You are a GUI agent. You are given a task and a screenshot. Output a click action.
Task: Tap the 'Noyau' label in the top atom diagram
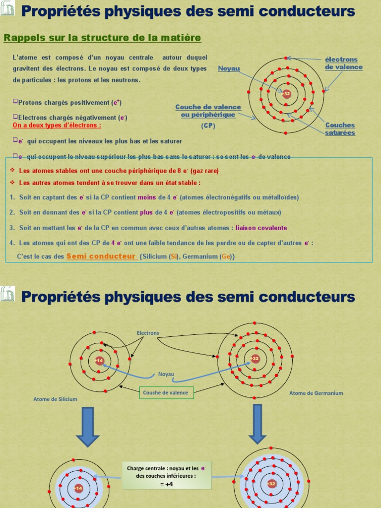coord(229,68)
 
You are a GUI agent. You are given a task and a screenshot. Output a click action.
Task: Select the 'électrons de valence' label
coord(344,63)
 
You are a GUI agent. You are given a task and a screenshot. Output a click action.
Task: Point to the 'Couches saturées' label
coord(340,129)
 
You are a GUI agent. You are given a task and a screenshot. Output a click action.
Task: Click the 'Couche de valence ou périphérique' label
coord(208,111)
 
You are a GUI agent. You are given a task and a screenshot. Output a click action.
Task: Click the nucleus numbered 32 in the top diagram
coord(286,93)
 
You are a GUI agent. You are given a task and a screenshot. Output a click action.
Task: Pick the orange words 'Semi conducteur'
coord(101,256)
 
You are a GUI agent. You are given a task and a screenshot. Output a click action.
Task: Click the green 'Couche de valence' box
coord(166,392)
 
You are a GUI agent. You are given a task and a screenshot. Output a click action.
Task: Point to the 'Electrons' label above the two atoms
coord(148,333)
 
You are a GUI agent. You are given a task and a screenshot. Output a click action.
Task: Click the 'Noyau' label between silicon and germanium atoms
coord(167,375)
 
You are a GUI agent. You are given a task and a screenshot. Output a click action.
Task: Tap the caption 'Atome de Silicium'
coord(56,399)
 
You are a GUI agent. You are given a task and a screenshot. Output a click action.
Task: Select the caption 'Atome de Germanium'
coord(316,393)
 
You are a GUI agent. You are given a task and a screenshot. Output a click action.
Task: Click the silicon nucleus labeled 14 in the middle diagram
coord(100,361)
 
